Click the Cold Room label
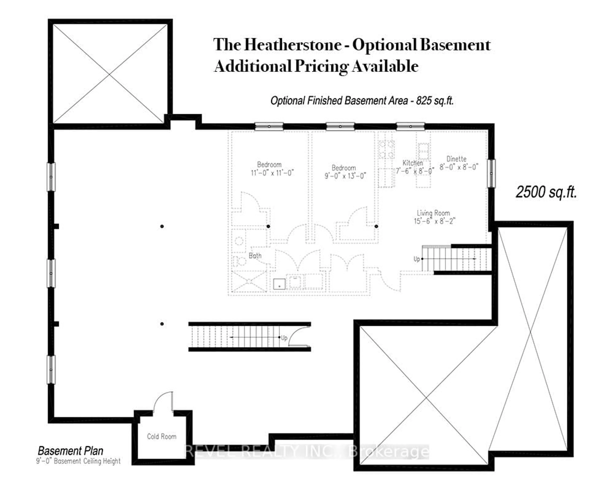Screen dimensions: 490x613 click(x=162, y=436)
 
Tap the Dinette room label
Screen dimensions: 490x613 click(x=456, y=159)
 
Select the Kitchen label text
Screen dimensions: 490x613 click(x=412, y=163)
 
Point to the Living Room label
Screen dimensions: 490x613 click(x=433, y=213)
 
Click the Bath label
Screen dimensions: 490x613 click(x=255, y=256)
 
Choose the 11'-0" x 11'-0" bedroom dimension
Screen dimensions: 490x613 click(x=272, y=173)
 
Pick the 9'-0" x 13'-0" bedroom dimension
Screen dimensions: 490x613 click(x=345, y=176)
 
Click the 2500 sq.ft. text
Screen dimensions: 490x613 click(x=546, y=192)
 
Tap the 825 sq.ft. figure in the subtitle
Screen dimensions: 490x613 click(x=434, y=100)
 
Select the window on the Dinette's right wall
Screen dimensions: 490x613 click(x=491, y=173)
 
